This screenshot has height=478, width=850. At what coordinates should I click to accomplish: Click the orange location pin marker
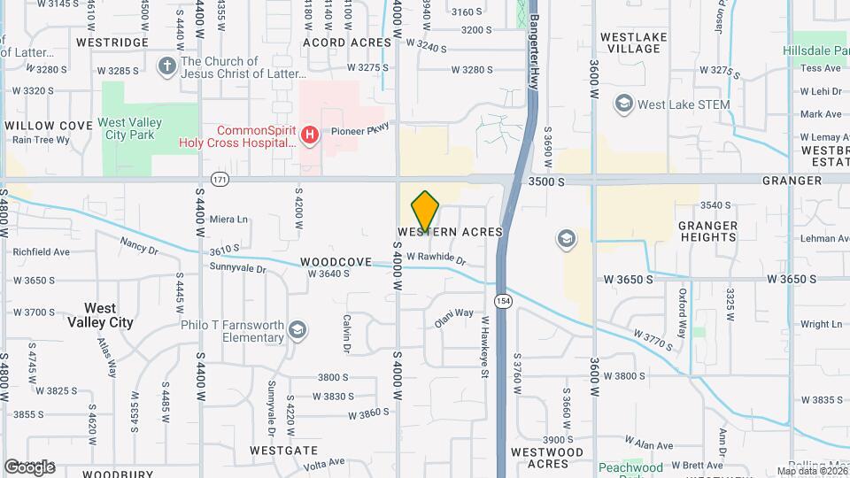point(425,212)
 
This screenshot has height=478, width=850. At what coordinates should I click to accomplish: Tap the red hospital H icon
point(309,135)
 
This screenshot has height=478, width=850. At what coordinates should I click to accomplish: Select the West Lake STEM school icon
point(624,104)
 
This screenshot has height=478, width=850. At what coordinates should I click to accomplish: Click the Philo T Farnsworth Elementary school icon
point(298,330)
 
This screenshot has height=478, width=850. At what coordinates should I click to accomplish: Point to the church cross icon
point(166,66)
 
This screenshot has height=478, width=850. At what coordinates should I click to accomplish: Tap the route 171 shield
point(220,180)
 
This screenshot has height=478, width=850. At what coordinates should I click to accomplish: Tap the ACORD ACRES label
point(347,42)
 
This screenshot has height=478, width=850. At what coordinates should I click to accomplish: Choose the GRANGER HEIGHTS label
point(707,231)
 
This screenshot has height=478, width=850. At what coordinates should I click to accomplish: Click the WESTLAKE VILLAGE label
point(630,42)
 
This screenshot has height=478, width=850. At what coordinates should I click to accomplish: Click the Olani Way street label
point(453,312)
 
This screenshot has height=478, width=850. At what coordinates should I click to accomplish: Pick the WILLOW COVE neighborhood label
point(49,126)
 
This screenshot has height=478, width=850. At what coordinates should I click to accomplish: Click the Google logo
point(28,466)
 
